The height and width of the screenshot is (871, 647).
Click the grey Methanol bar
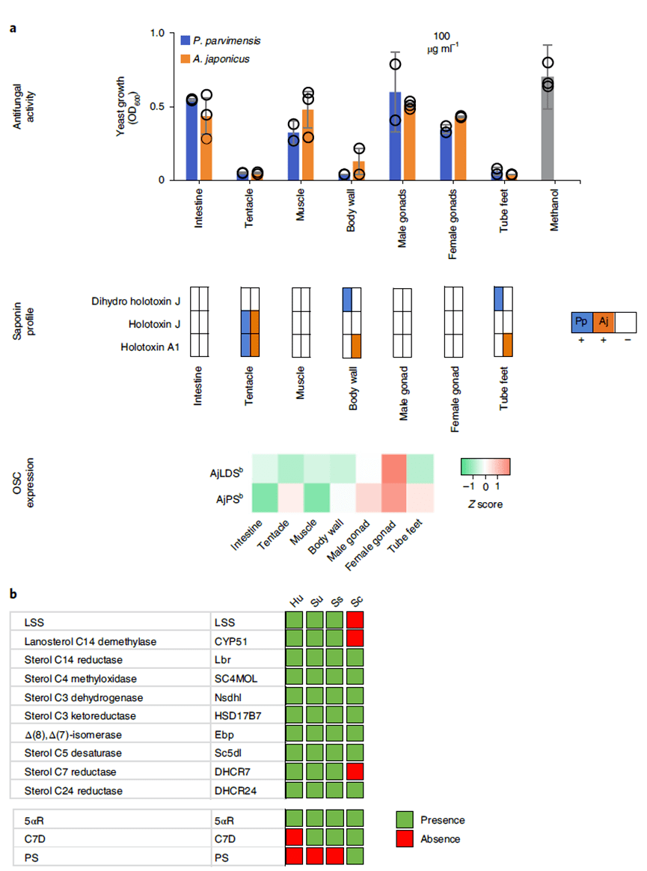click(x=548, y=128)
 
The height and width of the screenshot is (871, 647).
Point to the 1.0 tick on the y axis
click(x=157, y=34)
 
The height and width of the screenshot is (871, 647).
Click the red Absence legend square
click(x=405, y=839)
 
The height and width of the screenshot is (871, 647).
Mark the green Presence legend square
click(x=405, y=820)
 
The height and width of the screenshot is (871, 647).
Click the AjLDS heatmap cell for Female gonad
click(x=394, y=468)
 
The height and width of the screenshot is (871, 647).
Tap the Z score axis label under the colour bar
click(x=485, y=504)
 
